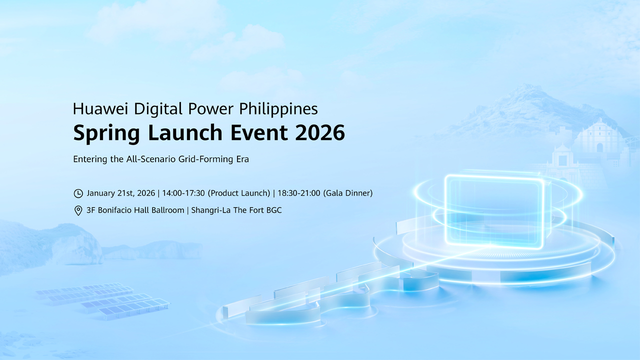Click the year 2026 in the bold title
point(319,133)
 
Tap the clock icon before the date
point(78,193)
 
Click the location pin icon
point(78,211)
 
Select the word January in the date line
point(102,193)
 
